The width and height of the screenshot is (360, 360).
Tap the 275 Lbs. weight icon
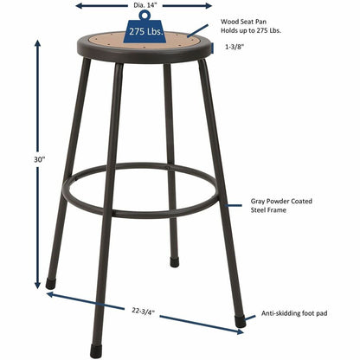click(144, 30)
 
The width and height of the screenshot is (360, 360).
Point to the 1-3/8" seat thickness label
click(234, 48)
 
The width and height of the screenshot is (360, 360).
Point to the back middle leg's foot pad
click(175, 260)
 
